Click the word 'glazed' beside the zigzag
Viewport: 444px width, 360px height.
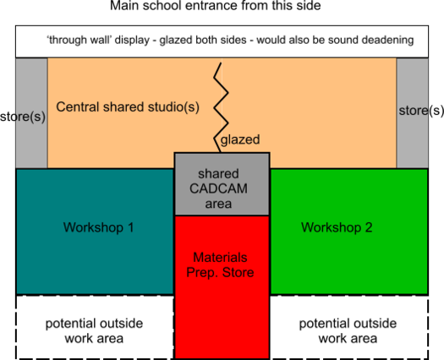(240, 140)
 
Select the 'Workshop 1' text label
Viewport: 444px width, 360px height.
(99, 227)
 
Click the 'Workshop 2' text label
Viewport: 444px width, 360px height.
(337, 227)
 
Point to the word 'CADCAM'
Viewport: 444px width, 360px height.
(222, 188)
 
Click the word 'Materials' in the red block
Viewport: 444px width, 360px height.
(222, 257)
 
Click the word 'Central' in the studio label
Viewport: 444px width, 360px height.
(78, 107)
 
